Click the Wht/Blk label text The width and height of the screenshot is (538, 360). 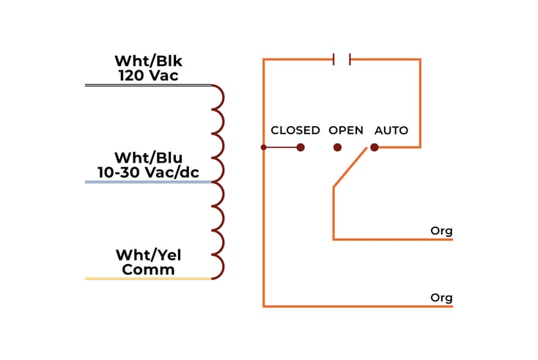coord(148,61)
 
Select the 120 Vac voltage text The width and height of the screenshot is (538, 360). coord(148,75)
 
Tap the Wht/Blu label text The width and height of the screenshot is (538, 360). coord(148,158)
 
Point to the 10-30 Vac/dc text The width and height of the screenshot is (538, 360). coord(148,172)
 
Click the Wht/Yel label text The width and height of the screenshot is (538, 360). coord(148,255)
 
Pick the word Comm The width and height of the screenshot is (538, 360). coord(148,270)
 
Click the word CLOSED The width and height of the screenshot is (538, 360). coord(295,131)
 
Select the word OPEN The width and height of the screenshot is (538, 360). coord(346,131)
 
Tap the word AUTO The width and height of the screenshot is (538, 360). coord(391,131)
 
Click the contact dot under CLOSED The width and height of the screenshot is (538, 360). coord(301,147)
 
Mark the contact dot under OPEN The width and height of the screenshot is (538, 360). coord(337,147)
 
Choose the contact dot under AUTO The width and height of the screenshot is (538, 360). coord(375,147)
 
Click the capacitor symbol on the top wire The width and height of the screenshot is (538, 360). coord(342,59)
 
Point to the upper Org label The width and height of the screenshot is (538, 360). coord(441,231)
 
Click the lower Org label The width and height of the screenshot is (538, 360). coord(441,298)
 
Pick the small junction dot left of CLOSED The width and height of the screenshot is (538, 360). coord(264,147)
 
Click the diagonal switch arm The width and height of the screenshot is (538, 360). coord(350,168)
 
